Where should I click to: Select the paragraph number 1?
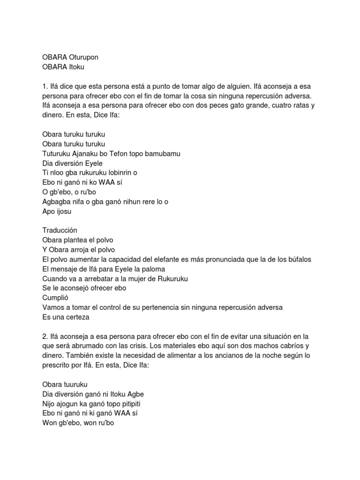click(x=45, y=87)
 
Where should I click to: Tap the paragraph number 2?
click(x=45, y=337)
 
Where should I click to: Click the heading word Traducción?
click(x=60, y=231)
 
